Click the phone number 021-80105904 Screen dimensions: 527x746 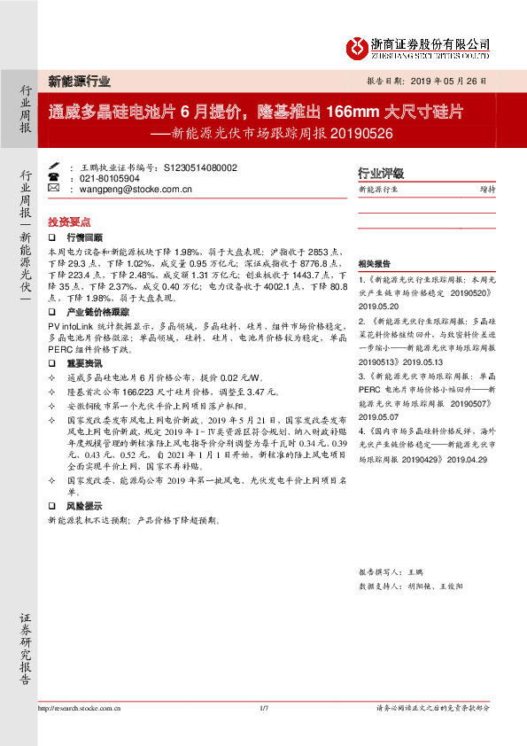coord(111,178)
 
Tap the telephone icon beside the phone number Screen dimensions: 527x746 coord(52,178)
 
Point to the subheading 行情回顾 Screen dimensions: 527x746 coord(85,238)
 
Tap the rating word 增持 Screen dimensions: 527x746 coord(487,190)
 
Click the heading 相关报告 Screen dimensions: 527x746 coord(373,265)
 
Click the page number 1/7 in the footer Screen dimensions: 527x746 coord(263,708)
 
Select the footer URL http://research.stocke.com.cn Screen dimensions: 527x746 coord(80,708)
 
